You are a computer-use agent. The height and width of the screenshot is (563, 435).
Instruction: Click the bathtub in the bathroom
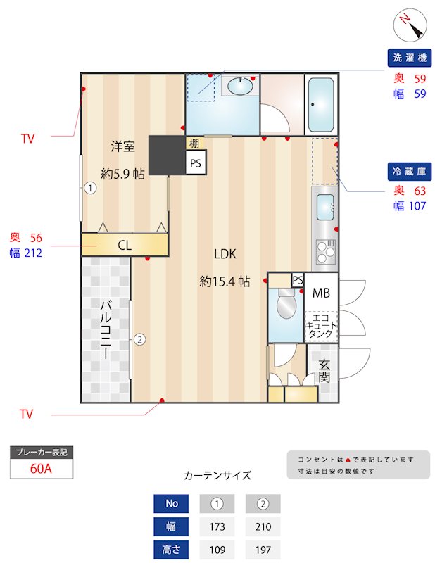[321, 104]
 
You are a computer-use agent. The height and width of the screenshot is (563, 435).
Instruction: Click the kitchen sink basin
[325, 207]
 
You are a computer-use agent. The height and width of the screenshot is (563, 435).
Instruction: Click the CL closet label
[125, 245]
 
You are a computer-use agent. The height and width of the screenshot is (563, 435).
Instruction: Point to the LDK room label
[225, 254]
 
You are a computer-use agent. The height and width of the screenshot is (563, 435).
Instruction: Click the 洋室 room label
[122, 146]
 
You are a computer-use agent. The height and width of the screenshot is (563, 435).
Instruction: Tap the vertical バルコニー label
[106, 329]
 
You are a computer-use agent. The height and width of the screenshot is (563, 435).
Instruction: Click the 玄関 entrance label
[324, 370]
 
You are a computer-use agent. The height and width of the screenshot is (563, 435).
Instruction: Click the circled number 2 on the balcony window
[139, 340]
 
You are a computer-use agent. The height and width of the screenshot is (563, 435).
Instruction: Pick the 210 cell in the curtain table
[263, 526]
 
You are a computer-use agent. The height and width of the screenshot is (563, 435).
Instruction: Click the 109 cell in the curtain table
[217, 550]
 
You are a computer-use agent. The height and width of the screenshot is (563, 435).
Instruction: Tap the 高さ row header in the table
[171, 550]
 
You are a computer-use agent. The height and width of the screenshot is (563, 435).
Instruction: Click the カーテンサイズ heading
[217, 475]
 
